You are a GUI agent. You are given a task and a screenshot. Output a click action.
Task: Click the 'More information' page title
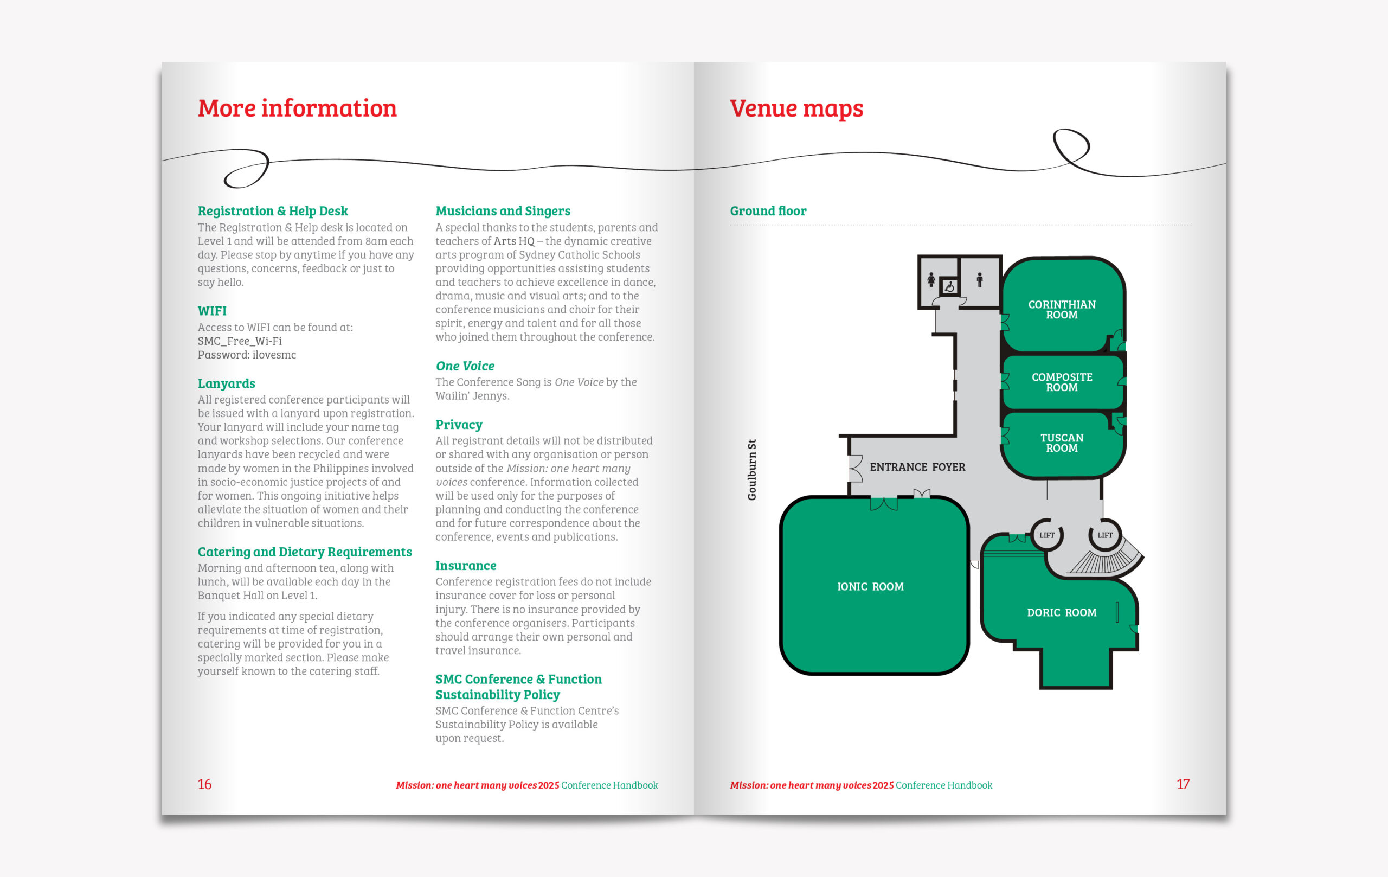tap(297, 108)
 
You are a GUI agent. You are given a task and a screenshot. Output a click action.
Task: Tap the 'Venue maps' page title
tap(796, 108)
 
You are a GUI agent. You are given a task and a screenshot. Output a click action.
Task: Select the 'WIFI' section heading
tap(212, 311)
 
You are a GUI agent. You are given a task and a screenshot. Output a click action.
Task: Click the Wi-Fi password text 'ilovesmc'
tap(274, 355)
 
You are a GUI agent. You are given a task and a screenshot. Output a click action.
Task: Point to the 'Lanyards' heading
tap(226, 383)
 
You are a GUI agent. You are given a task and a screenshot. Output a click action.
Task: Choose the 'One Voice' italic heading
tap(465, 366)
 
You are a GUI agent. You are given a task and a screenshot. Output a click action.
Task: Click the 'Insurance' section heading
tap(466, 566)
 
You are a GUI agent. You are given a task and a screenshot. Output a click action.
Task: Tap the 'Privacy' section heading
tap(459, 424)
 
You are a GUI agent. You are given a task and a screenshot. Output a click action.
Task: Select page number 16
tap(204, 784)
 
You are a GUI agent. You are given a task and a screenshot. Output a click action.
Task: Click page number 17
tap(1183, 784)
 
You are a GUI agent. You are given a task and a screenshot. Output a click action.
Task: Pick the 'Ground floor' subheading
tap(768, 211)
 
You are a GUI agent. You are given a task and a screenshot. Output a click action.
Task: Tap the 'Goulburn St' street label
tap(751, 470)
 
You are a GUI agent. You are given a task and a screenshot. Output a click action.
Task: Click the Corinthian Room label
tap(1062, 310)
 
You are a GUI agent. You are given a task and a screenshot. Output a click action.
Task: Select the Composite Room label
tap(1062, 382)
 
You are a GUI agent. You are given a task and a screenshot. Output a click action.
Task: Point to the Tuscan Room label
tap(1062, 443)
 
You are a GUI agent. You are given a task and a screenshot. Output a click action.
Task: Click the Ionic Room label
tap(870, 586)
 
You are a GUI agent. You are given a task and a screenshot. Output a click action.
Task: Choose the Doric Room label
tap(1061, 612)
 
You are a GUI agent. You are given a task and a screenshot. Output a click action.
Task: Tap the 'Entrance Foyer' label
tap(917, 467)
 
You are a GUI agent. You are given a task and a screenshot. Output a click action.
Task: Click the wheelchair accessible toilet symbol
tap(949, 286)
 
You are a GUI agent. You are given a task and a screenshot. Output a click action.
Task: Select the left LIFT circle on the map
tap(1047, 535)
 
